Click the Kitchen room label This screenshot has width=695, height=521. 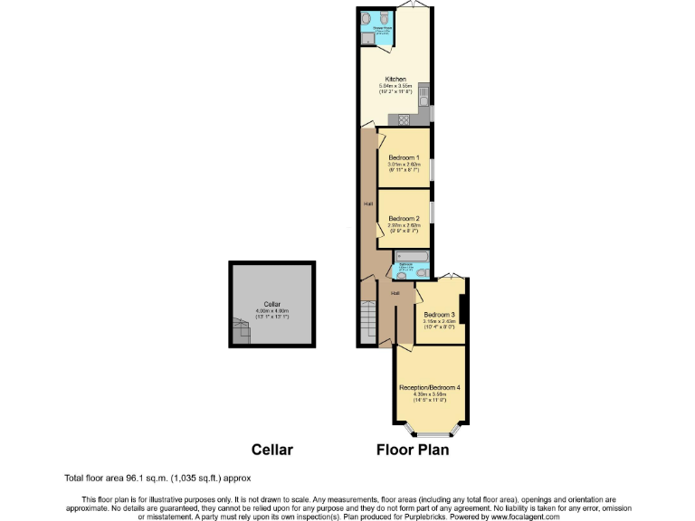395,80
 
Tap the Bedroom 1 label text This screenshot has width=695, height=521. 404,157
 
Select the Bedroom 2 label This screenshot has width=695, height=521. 404,218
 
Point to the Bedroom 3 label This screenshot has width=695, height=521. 438,314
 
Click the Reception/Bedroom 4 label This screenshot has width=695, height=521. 430,388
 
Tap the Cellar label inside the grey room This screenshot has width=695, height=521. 272,304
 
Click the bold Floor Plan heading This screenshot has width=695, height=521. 413,450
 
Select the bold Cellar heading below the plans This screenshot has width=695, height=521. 272,450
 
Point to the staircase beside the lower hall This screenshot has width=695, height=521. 367,321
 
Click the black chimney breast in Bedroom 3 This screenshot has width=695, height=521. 462,308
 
